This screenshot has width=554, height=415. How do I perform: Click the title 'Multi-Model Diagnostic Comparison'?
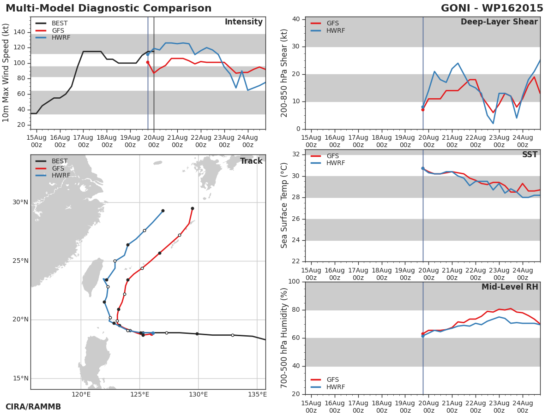coord(108,8)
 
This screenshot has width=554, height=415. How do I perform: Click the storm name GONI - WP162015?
coord(492,8)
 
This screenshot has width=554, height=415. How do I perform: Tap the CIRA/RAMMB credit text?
coord(33,407)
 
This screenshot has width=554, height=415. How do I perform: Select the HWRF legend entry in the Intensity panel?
coord(61,38)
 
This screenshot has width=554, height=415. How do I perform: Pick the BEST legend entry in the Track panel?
coord(60,161)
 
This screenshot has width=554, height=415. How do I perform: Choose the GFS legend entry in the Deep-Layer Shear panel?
coord(332,24)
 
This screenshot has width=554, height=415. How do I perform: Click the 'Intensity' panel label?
coord(243,22)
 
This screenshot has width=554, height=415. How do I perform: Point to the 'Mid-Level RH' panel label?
coord(510,287)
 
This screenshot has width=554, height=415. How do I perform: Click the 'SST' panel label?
coord(530,155)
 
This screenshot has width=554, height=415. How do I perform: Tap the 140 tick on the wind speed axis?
coord(20,32)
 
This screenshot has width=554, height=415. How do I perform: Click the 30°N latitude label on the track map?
coord(20,202)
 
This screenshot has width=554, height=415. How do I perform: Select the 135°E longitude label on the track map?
coord(257,394)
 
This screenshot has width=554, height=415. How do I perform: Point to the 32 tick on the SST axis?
coord(295,154)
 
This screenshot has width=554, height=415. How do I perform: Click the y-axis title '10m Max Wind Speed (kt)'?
coord(6,73)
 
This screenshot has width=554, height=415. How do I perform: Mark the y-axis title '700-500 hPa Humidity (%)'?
coord(284,338)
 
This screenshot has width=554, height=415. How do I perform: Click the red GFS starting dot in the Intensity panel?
coord(148,62)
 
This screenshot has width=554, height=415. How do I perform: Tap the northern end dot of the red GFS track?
coord(192,208)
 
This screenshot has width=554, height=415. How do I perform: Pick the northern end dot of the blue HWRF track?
coord(163,211)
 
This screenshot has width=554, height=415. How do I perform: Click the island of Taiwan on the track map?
coord(93,277)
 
